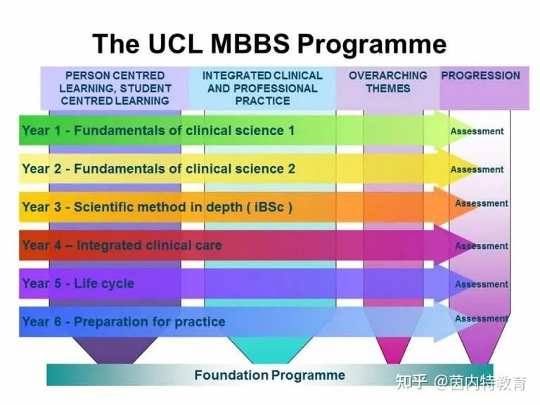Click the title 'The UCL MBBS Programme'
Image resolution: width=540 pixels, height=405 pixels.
point(269,44)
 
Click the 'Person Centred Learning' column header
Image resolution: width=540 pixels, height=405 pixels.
point(115,88)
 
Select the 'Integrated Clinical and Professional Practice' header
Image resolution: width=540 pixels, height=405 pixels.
point(262,88)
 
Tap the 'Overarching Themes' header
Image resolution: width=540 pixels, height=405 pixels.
point(387,82)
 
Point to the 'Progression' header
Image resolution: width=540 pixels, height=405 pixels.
point(480,76)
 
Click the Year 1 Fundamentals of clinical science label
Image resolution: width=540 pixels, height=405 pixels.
point(158,131)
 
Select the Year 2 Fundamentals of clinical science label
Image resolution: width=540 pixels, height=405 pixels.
point(158,169)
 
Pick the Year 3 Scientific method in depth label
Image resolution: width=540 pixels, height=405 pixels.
point(156,207)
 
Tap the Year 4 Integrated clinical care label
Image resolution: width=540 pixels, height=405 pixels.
point(122,245)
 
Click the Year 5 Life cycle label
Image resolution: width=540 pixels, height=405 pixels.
point(78,284)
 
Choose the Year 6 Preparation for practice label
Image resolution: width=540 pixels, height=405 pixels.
point(124,322)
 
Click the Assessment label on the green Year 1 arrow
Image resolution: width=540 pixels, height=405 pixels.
point(477,131)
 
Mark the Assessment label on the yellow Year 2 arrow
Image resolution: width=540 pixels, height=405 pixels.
point(477,169)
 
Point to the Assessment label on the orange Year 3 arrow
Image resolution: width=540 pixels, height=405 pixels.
point(481,203)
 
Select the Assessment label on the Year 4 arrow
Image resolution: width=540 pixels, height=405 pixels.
point(481,246)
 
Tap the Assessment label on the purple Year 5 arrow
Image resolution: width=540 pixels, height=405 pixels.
point(481,284)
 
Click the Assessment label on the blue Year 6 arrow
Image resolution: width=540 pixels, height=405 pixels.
point(481,319)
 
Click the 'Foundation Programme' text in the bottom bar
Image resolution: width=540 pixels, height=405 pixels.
point(269,375)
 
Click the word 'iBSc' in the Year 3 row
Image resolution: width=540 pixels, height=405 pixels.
point(269,207)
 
